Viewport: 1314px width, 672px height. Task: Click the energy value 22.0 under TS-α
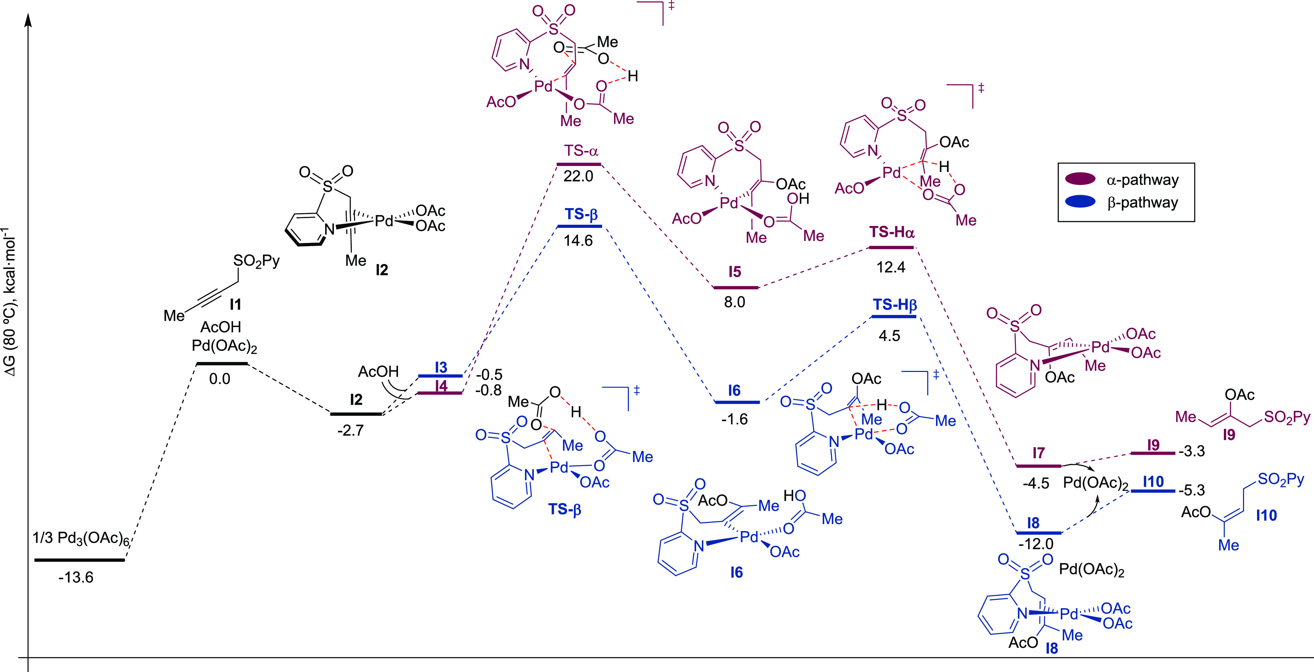[x=578, y=176]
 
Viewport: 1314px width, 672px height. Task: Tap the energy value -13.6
[x=76, y=578]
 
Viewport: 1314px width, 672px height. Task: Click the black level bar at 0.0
[x=222, y=363]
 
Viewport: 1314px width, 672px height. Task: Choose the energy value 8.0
[x=734, y=302]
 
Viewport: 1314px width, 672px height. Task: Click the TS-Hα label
[x=891, y=233]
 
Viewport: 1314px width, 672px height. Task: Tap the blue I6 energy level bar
[x=737, y=402]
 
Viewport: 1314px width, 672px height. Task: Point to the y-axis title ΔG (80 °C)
[x=10, y=306]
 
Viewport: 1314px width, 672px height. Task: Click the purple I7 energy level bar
[x=1039, y=465]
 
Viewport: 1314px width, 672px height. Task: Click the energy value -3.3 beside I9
[x=1191, y=451]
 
